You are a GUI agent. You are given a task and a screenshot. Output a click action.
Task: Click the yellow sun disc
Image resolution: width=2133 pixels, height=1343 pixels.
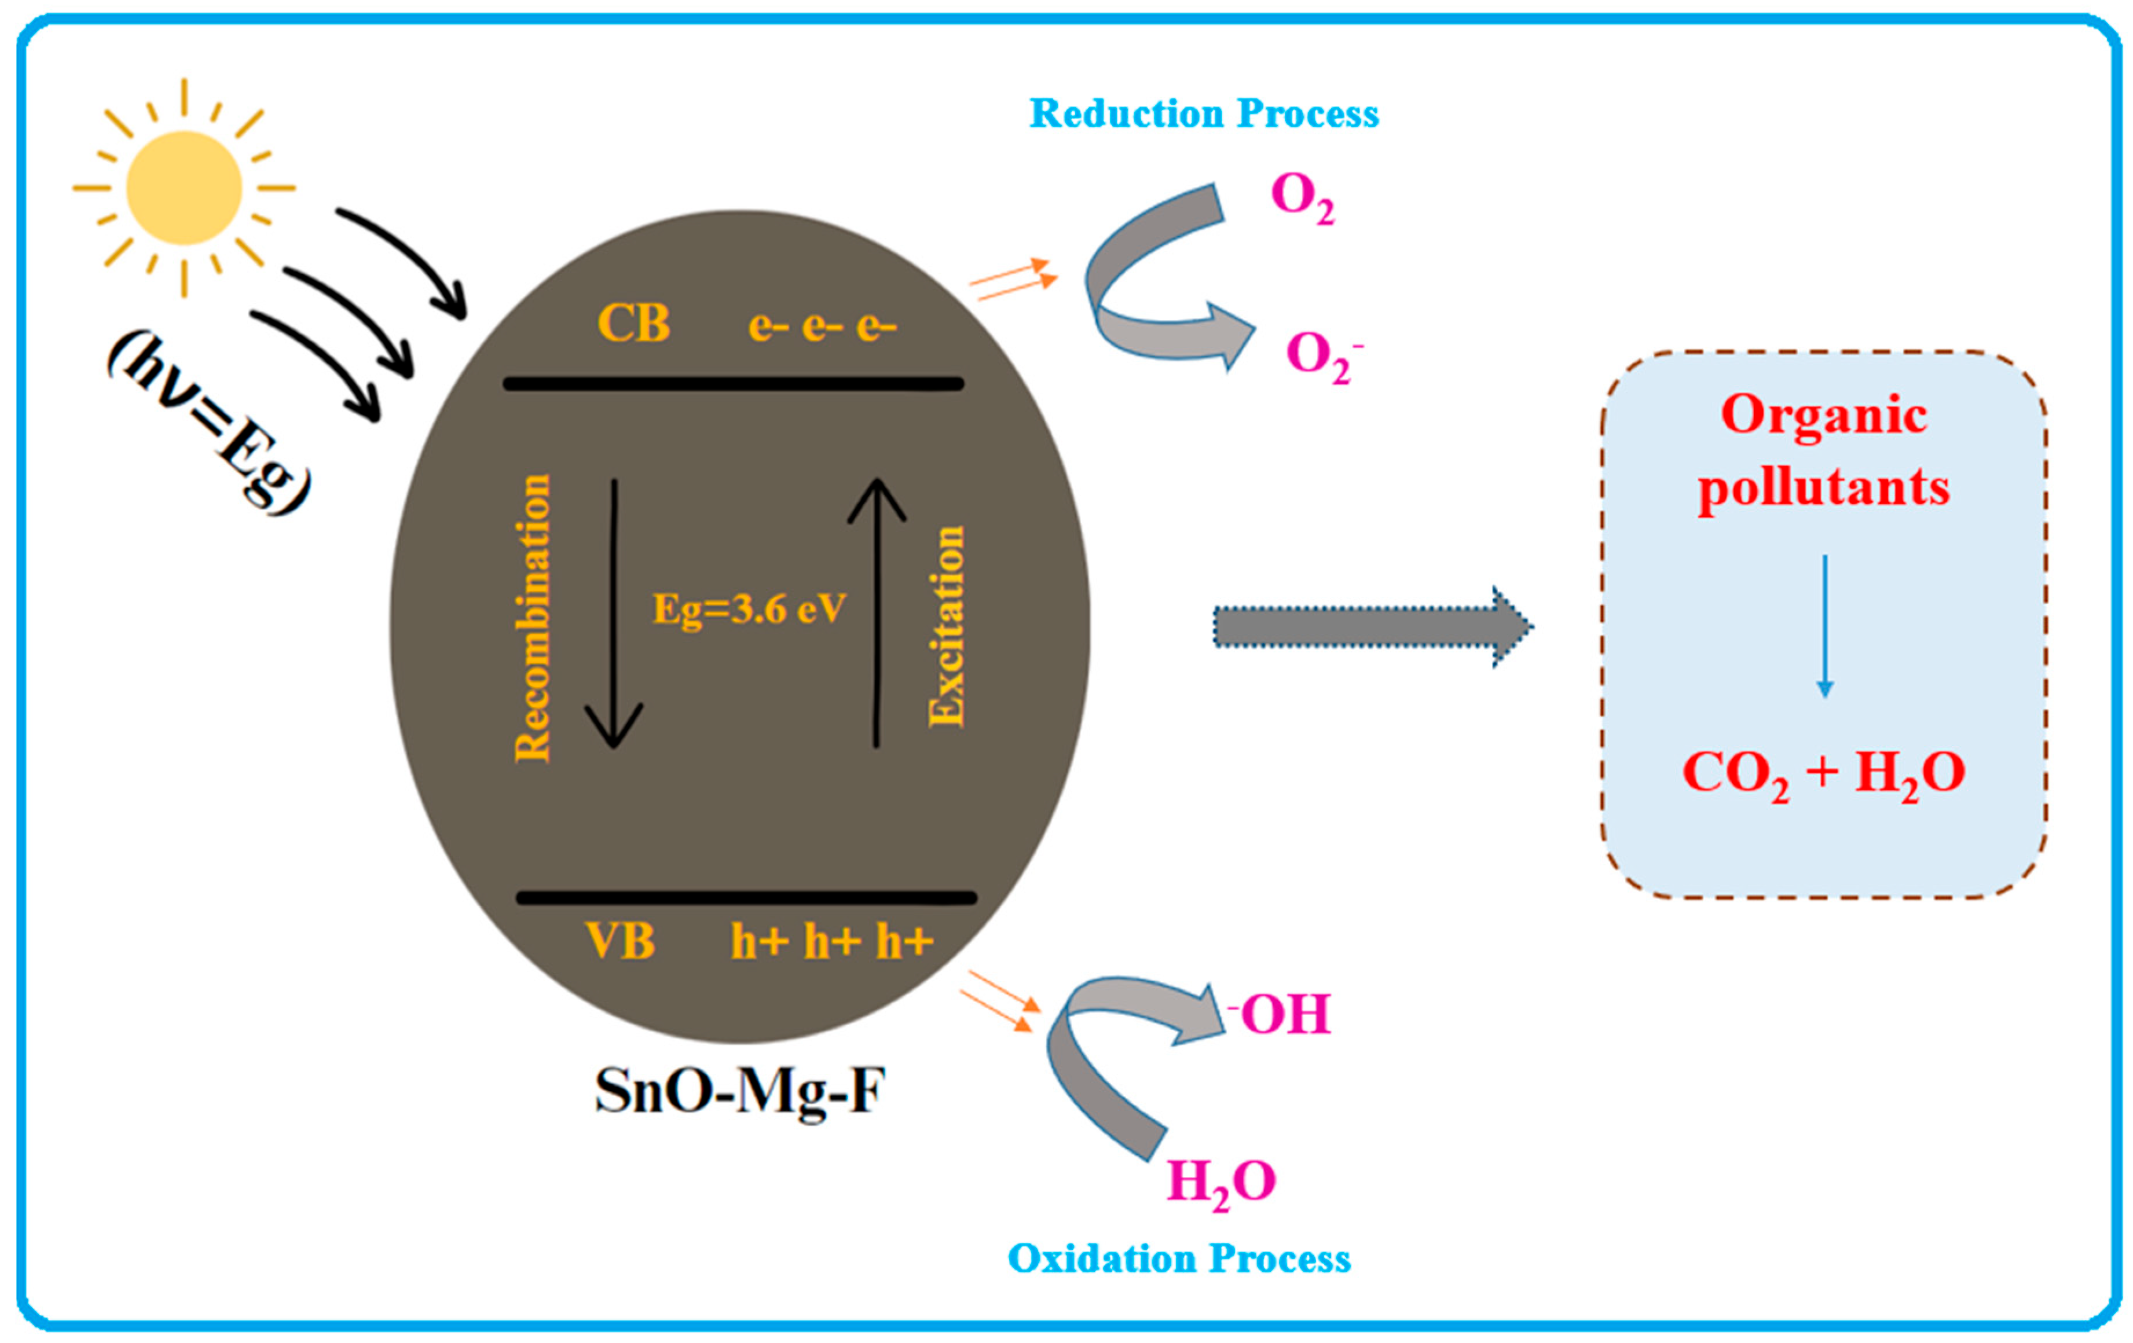click(184, 188)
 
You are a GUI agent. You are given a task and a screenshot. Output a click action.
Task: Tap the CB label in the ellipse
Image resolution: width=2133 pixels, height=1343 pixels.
click(633, 324)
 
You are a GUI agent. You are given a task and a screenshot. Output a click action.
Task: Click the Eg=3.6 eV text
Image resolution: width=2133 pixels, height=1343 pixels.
click(749, 610)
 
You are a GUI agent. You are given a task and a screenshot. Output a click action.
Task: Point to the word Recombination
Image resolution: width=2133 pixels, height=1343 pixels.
click(532, 618)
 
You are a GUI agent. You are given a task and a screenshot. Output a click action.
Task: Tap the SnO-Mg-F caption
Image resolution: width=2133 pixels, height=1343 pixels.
click(739, 1091)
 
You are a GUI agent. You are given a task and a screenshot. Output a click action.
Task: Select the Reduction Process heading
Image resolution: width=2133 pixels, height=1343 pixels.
click(1203, 114)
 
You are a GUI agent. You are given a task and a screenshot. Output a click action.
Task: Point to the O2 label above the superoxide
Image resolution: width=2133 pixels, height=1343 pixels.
click(1301, 197)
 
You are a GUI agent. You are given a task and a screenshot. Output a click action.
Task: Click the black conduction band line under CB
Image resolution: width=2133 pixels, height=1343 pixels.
click(734, 384)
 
